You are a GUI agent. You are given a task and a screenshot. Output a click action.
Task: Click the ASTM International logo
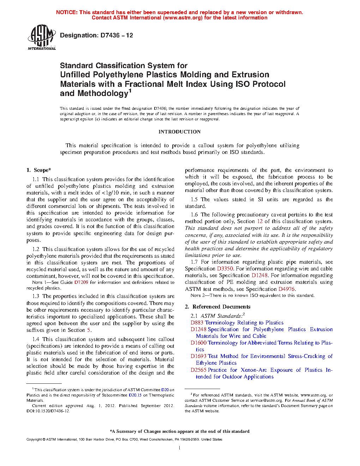tap(42, 37)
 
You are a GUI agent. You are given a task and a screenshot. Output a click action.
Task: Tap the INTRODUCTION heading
tap(179, 132)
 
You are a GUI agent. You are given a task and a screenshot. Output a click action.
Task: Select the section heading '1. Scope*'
tap(39, 170)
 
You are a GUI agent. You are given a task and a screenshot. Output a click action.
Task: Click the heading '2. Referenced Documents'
tap(218, 307)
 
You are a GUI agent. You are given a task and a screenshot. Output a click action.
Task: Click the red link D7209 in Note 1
tap(81, 282)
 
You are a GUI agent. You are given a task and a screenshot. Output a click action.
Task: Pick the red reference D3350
tap(225, 269)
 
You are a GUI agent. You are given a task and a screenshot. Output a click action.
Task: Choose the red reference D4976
tap(286, 289)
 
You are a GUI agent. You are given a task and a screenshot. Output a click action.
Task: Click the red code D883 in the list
tap(197, 323)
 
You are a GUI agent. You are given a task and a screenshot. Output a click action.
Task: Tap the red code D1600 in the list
tap(199, 343)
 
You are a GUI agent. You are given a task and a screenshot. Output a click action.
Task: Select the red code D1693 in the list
tap(199, 356)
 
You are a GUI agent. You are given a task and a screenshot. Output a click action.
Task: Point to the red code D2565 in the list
tap(199, 370)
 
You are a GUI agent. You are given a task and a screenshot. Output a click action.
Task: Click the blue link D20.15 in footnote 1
tap(135, 395)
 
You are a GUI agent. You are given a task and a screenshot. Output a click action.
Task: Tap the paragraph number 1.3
tap(36, 296)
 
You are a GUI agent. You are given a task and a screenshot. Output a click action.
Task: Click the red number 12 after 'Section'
tap(260, 221)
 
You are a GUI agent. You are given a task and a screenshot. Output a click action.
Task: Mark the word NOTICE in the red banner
tap(67, 12)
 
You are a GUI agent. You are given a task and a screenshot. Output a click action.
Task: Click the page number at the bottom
tap(180, 448)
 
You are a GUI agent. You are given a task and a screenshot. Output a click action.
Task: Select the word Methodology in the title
tap(102, 94)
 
